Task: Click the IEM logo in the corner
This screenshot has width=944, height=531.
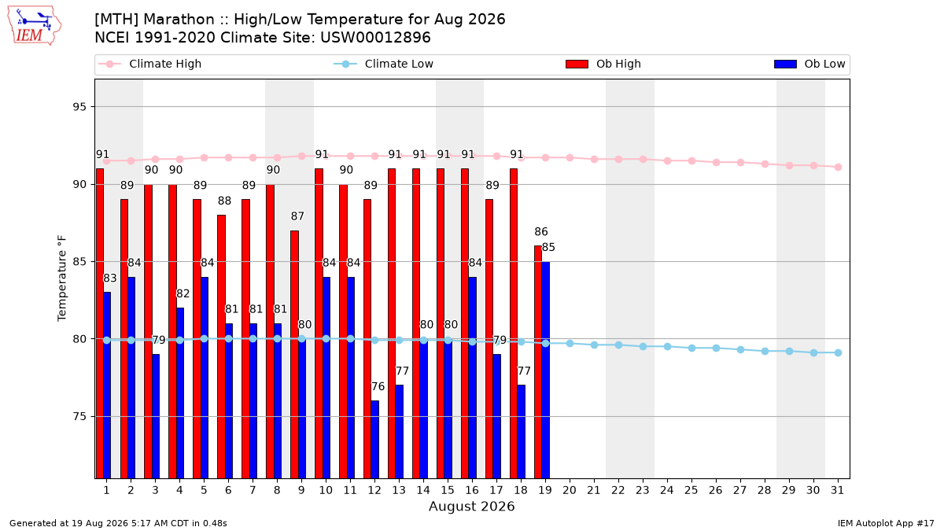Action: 34,26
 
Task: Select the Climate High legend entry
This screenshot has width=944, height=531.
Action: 149,64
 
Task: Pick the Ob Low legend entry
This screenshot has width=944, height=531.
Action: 809,64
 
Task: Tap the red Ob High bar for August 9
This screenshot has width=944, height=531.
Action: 294,355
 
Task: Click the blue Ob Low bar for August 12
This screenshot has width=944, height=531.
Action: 375,440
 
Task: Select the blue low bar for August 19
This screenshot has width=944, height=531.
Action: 545,370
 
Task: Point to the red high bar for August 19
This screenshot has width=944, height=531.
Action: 538,362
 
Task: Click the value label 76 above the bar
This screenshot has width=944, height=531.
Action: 378,386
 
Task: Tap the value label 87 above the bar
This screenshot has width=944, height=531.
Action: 297,216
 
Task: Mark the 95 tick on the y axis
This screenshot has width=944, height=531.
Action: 79,107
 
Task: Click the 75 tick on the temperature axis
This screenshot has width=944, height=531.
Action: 79,416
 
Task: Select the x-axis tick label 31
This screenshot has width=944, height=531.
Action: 837,490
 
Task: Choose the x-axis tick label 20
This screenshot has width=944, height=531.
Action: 570,490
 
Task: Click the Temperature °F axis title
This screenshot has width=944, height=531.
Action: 62,278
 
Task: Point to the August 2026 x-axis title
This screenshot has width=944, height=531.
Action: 471,506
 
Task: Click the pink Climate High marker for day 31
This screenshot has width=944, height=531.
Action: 838,167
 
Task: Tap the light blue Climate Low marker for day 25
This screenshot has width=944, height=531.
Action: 691,348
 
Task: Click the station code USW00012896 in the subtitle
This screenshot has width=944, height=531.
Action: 375,38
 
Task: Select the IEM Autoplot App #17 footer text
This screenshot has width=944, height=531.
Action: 886,523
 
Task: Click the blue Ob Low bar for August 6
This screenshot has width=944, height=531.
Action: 229,400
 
